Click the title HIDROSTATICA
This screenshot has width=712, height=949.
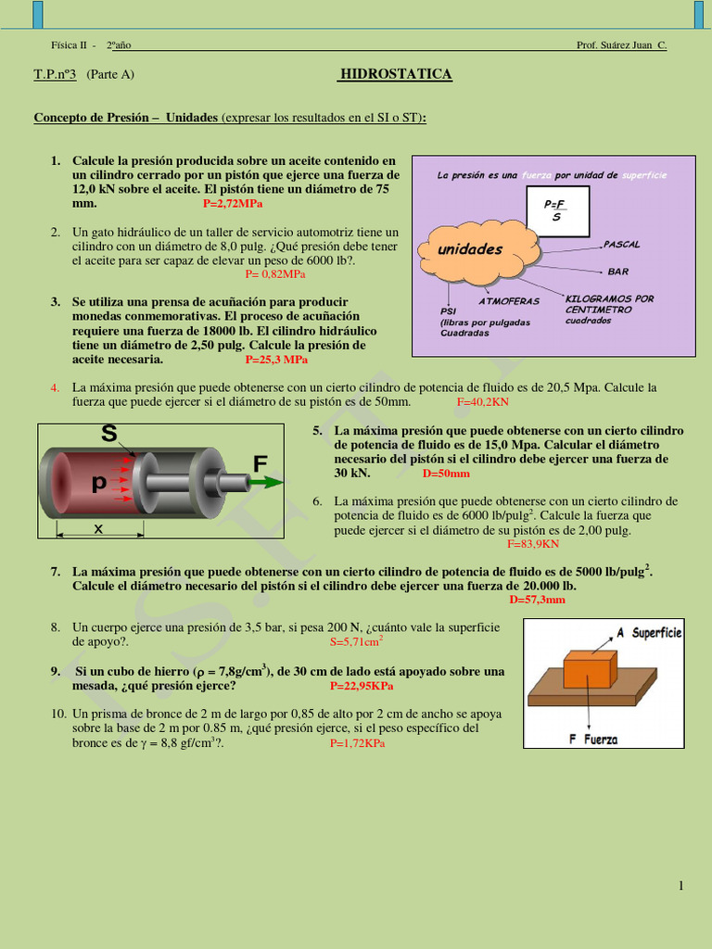[396, 74]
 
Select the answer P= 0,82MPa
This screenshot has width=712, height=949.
[274, 274]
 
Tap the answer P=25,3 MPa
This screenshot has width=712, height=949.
[276, 360]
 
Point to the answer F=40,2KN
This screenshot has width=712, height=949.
[482, 402]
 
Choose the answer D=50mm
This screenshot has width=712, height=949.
[446, 474]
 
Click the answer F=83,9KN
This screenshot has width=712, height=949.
[532, 544]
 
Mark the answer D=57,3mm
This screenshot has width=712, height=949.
[537, 600]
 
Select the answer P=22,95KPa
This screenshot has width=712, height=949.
[362, 687]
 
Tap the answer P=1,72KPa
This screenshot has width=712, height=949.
[357, 743]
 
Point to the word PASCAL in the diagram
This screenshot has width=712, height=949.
[621, 245]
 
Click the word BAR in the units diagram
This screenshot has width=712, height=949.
[617, 272]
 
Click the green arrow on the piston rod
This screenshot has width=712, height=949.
[266, 482]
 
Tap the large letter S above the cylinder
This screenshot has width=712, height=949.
[109, 434]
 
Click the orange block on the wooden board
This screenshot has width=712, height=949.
[590, 668]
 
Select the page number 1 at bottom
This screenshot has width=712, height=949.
[680, 886]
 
